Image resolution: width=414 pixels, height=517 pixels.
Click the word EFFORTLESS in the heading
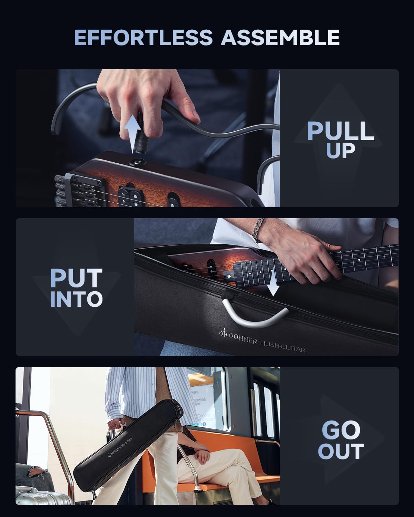(143, 38)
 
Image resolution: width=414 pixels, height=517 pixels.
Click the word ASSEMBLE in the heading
(280, 38)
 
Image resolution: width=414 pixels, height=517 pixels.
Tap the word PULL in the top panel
(340, 131)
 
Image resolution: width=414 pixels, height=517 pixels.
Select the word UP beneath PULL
(340, 151)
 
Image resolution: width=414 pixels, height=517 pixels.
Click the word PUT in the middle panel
(76, 278)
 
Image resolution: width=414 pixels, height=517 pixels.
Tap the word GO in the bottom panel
(341, 430)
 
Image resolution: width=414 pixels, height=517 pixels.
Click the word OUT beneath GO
(341, 451)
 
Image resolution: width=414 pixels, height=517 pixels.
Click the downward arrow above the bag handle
(273, 284)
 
